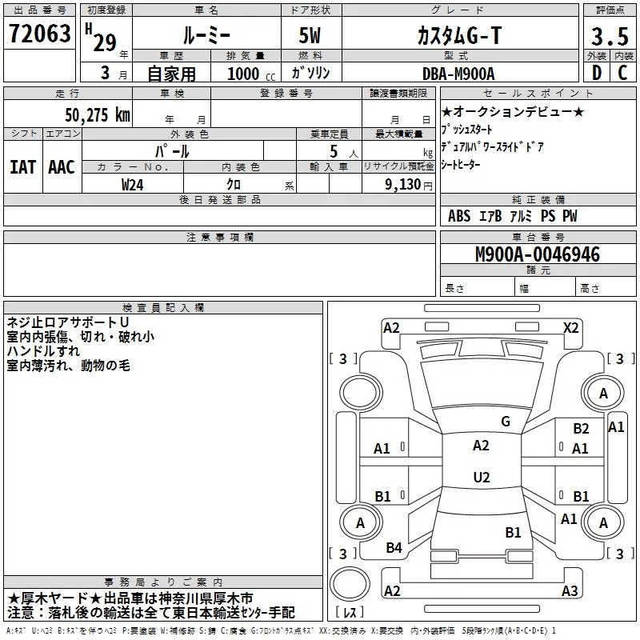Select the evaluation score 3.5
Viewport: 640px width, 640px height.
click(x=609, y=36)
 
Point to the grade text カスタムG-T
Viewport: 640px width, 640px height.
click(x=457, y=36)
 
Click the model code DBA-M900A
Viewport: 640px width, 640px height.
click(x=457, y=74)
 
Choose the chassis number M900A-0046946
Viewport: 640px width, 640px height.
click(x=538, y=254)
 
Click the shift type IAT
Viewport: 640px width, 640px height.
click(x=22, y=167)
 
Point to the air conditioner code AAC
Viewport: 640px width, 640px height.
click(x=61, y=167)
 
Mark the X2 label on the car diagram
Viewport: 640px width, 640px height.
click(x=571, y=327)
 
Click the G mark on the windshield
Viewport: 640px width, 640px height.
click(x=505, y=421)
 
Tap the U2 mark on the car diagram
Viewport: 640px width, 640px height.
click(x=481, y=478)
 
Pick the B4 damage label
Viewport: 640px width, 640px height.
click(x=394, y=548)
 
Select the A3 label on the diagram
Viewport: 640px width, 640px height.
click(x=569, y=591)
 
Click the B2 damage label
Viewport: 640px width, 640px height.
click(x=581, y=429)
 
